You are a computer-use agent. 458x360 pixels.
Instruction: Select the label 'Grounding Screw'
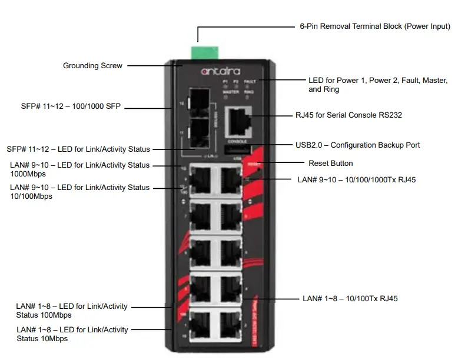tap(92, 66)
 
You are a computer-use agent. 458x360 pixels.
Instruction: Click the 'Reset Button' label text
tap(330, 163)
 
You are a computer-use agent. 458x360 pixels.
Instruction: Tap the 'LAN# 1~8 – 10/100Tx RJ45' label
tap(350, 299)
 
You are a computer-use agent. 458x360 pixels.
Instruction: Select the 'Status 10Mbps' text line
tap(42, 339)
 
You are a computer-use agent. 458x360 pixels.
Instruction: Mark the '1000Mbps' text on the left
tap(28, 174)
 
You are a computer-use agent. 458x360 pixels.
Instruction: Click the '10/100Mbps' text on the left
tap(31, 196)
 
